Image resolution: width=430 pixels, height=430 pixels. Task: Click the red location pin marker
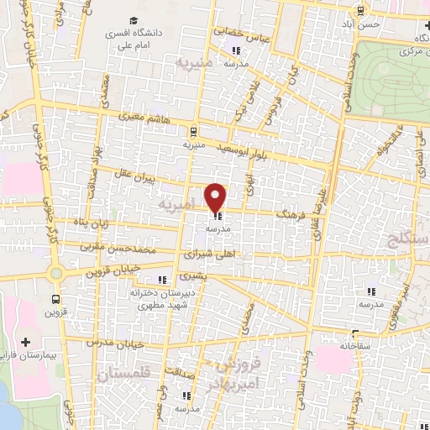217,197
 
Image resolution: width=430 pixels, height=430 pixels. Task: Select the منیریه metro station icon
194,131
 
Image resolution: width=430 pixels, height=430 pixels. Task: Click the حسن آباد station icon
360,11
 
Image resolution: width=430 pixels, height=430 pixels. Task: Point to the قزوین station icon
56,299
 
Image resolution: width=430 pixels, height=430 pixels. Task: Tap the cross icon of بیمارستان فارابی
26,343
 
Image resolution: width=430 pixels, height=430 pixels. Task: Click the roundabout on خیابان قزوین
56,273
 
